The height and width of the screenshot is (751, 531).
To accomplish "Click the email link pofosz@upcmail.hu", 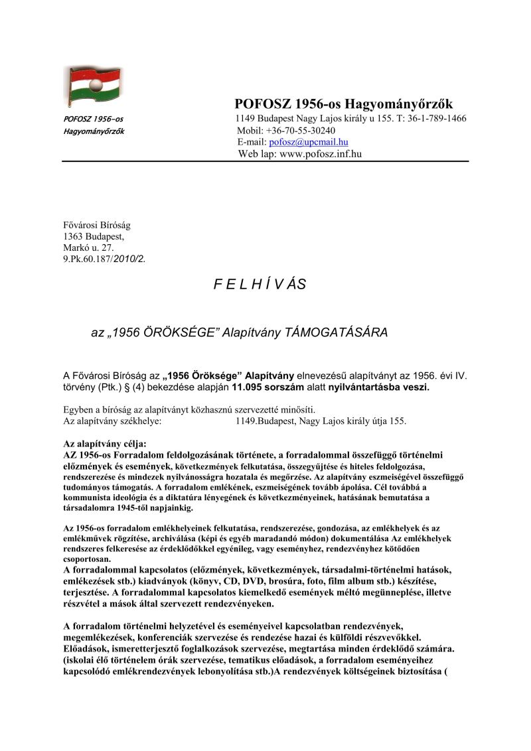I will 309,142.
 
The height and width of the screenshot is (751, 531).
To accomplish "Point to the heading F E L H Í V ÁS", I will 260,285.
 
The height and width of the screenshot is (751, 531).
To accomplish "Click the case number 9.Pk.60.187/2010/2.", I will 104,259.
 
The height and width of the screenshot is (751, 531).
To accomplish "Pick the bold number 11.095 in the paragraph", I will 250,386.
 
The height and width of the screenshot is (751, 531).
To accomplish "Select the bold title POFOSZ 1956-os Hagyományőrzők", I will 343,104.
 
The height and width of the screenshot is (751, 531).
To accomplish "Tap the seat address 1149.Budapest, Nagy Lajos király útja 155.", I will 321,421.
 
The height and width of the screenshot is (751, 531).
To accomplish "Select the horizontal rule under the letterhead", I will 265,161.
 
